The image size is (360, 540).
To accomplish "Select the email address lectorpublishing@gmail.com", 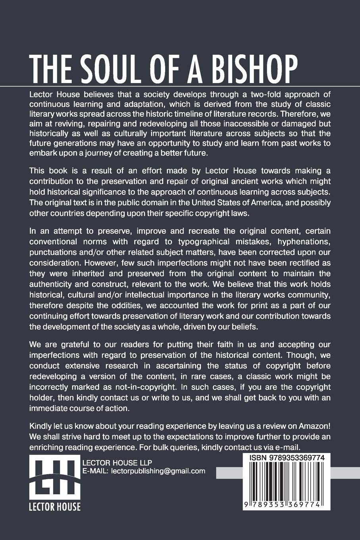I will tap(158, 471).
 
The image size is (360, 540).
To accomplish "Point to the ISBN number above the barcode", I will tap(287, 458).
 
